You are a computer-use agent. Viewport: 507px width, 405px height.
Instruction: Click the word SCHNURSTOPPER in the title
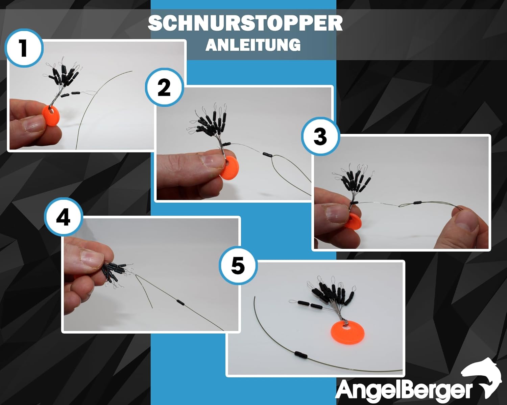[245, 24]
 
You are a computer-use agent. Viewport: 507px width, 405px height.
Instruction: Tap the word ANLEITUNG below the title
[253, 45]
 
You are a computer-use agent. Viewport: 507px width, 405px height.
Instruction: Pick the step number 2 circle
[164, 87]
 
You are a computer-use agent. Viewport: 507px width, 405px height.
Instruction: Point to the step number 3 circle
[320, 136]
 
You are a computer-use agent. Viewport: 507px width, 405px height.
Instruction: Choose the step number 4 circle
[64, 217]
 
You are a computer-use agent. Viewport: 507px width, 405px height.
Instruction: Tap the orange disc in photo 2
[229, 169]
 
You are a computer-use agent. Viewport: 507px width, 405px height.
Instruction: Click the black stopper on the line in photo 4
[180, 302]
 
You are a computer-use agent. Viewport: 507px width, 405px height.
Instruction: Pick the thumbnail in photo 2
[211, 161]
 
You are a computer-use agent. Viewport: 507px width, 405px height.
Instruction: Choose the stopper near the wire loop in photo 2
[268, 155]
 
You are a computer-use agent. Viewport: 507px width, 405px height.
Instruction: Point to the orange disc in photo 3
[352, 221]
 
